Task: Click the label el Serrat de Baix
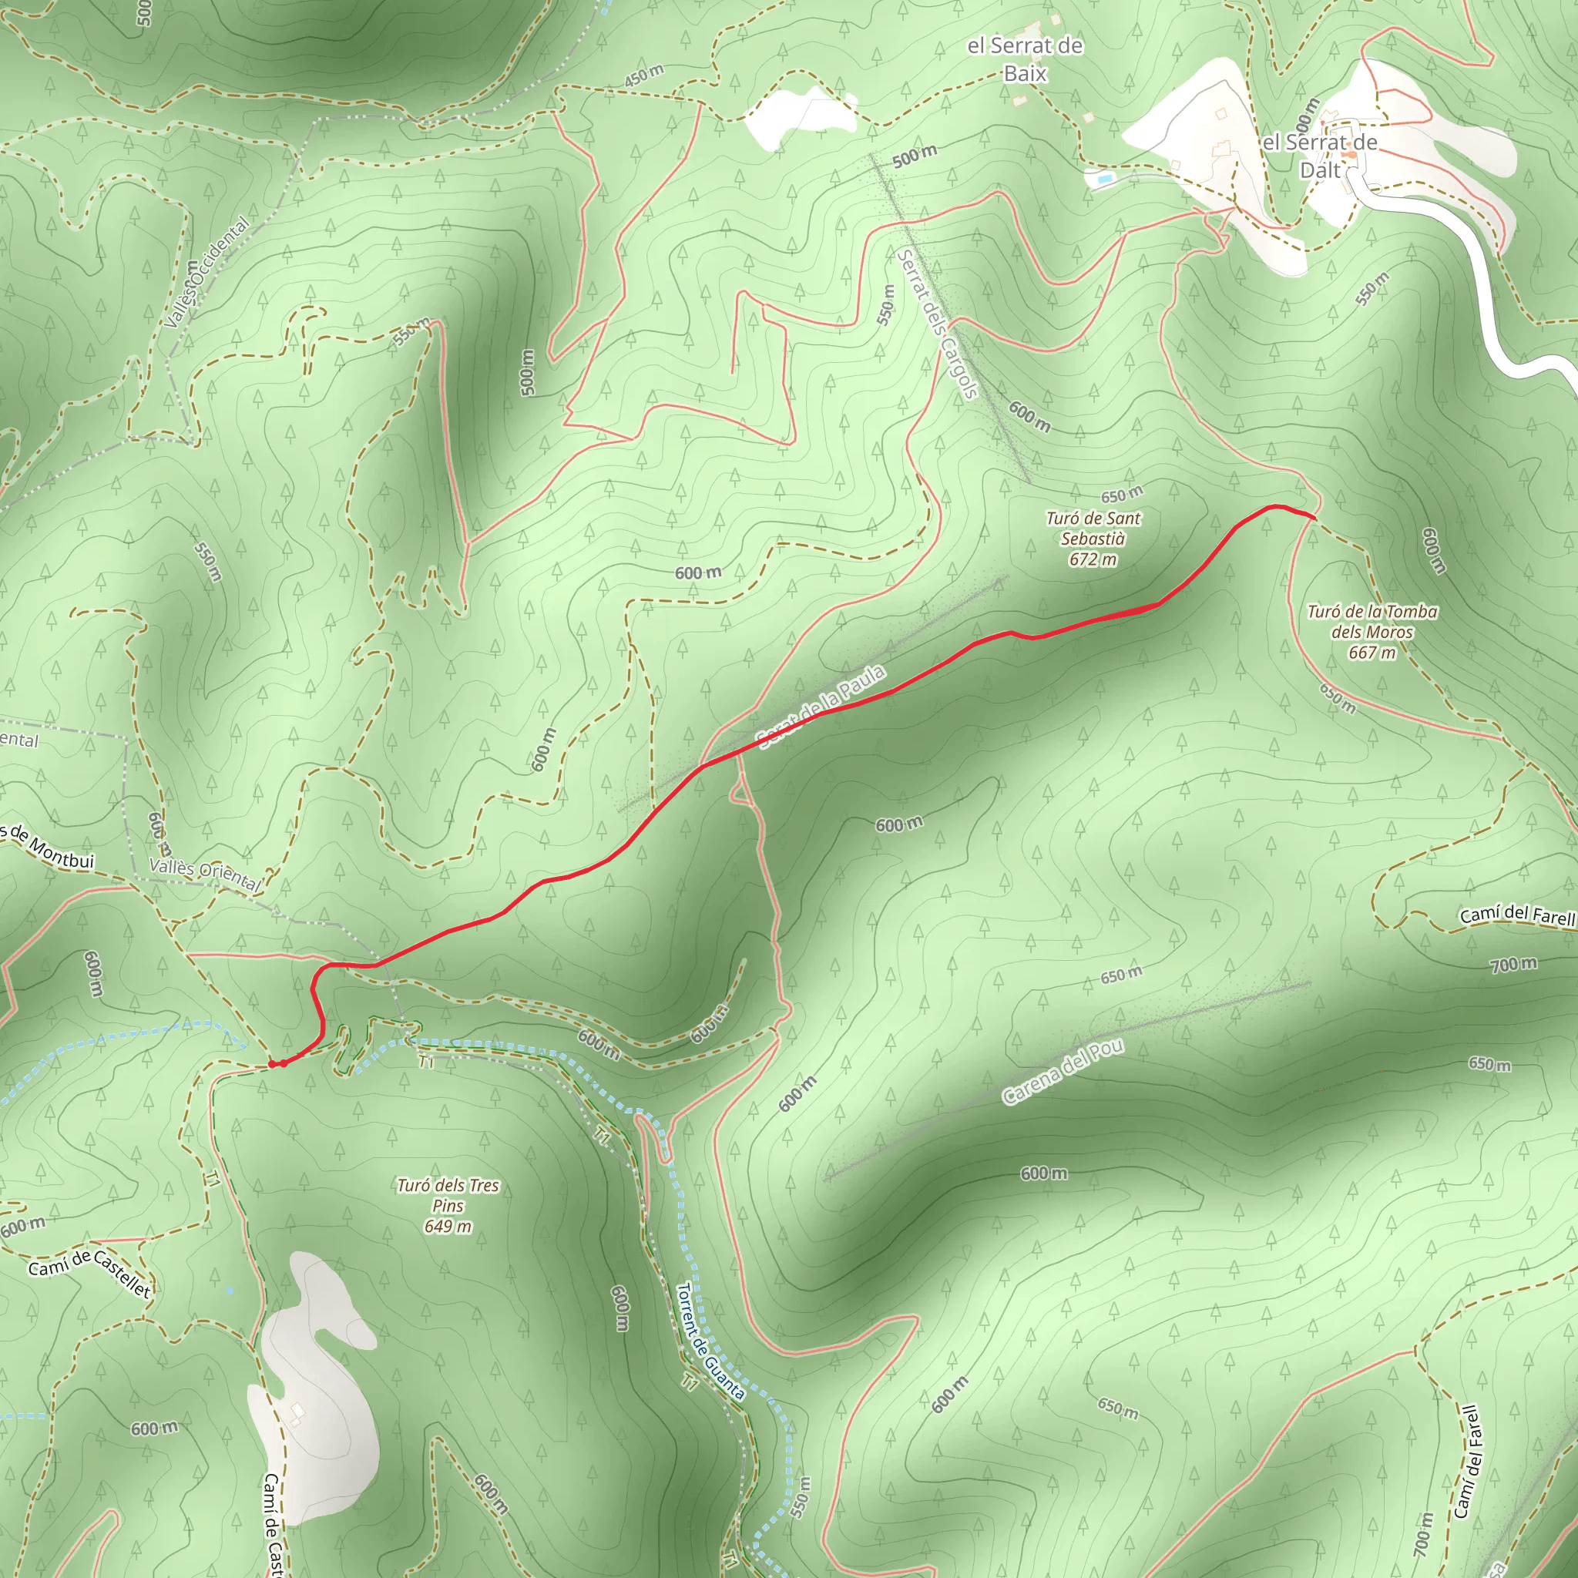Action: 1025,59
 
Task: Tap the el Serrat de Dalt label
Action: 1320,156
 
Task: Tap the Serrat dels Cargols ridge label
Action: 937,324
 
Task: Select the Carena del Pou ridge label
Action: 1063,1072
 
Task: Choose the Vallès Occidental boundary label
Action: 206,273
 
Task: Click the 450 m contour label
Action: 643,76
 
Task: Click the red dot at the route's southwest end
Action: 273,1064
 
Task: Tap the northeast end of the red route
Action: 1314,517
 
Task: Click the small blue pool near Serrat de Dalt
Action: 1104,177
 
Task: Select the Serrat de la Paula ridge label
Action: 821,707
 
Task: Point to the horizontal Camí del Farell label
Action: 1516,915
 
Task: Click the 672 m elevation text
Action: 1093,560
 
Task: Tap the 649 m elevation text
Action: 448,1226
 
